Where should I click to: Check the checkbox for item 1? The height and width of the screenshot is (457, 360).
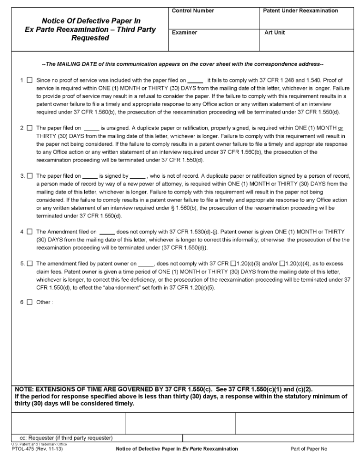pos(30,81)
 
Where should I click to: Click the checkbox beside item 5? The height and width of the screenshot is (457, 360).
pos(30,263)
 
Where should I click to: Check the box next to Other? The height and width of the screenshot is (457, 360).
pos(30,302)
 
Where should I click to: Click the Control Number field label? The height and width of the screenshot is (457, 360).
pos(193,11)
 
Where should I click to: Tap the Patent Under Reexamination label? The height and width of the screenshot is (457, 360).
pos(300,11)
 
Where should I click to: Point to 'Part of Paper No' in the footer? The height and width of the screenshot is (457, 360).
pos(309,449)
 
